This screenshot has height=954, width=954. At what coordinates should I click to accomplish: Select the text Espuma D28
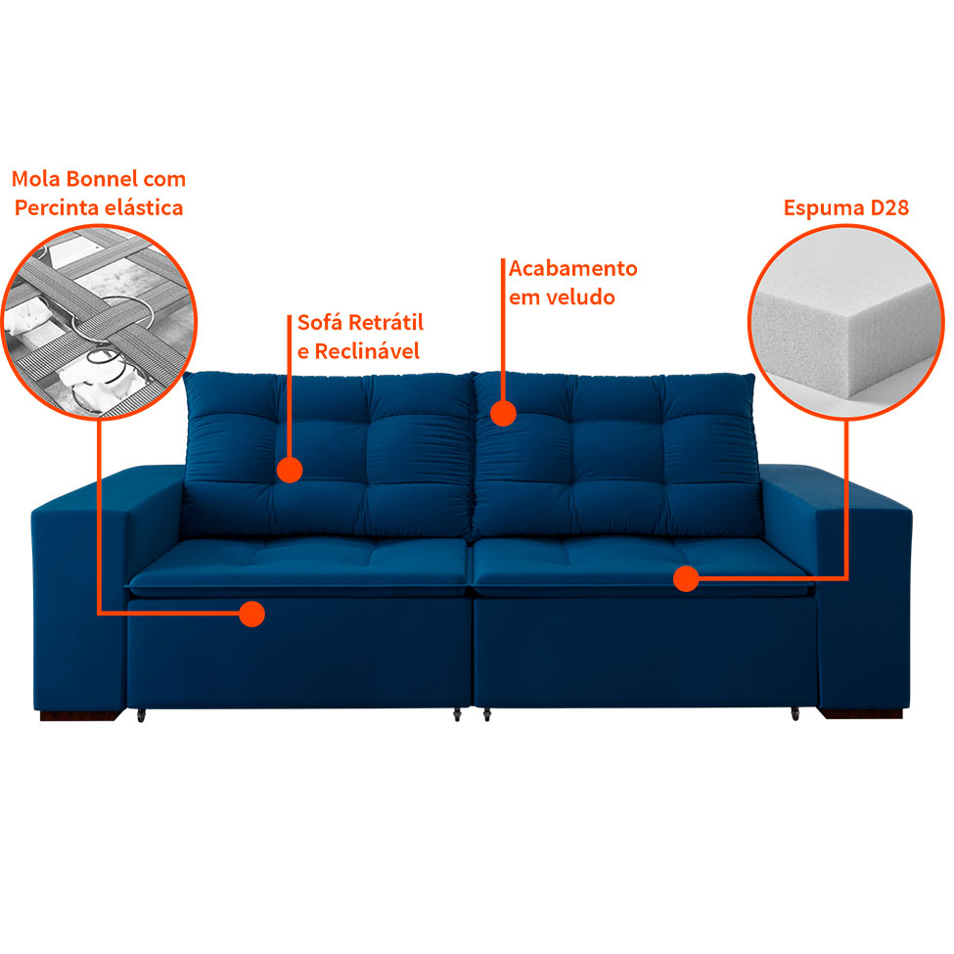pos(846,207)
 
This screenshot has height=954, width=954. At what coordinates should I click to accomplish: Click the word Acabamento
pos(573,268)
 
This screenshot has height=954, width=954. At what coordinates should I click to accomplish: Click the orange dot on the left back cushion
pos(289,470)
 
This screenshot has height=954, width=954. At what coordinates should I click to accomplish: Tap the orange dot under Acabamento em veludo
pos(503,413)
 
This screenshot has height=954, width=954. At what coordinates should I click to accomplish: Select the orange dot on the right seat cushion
pos(686,579)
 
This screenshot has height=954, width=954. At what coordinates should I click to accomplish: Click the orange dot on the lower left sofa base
pos(252,614)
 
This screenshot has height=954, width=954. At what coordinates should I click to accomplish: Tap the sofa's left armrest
pos(83,587)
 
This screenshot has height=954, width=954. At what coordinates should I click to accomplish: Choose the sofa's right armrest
pos(866,587)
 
